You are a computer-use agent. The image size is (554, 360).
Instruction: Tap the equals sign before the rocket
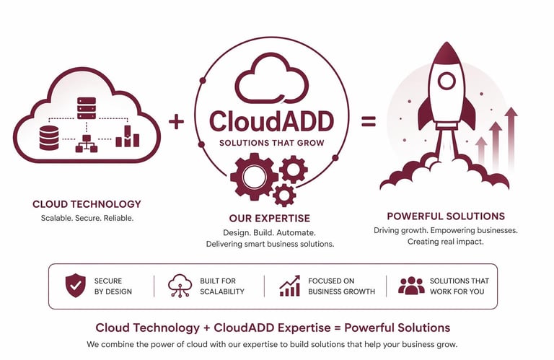pos(369,121)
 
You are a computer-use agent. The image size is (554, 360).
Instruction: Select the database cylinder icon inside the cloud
pos(49,138)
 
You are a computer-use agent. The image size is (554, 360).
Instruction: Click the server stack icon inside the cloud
pos(87,108)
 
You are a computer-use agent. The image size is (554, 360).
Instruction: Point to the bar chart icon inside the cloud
pos(127,136)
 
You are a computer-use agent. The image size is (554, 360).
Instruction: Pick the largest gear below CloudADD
pos(254,176)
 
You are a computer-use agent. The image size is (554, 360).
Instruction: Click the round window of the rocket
pos(447,81)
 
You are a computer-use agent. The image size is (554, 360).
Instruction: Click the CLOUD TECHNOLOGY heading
pos(87,204)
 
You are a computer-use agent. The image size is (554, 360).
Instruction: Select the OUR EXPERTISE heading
pos(269,218)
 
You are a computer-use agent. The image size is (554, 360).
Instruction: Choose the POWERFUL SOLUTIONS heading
pos(445,216)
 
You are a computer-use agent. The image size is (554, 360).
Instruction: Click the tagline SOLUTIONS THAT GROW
pos(271,143)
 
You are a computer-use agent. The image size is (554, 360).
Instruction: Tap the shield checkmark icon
pos(75,286)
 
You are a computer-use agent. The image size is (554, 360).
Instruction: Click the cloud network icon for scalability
pos(179,286)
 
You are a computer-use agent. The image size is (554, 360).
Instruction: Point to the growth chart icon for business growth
pos(290,286)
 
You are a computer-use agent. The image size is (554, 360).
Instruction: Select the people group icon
pos(411,286)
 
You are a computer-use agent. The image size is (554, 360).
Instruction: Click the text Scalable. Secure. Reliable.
pos(87,218)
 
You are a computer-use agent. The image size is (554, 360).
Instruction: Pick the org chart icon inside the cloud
pos(87,142)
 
